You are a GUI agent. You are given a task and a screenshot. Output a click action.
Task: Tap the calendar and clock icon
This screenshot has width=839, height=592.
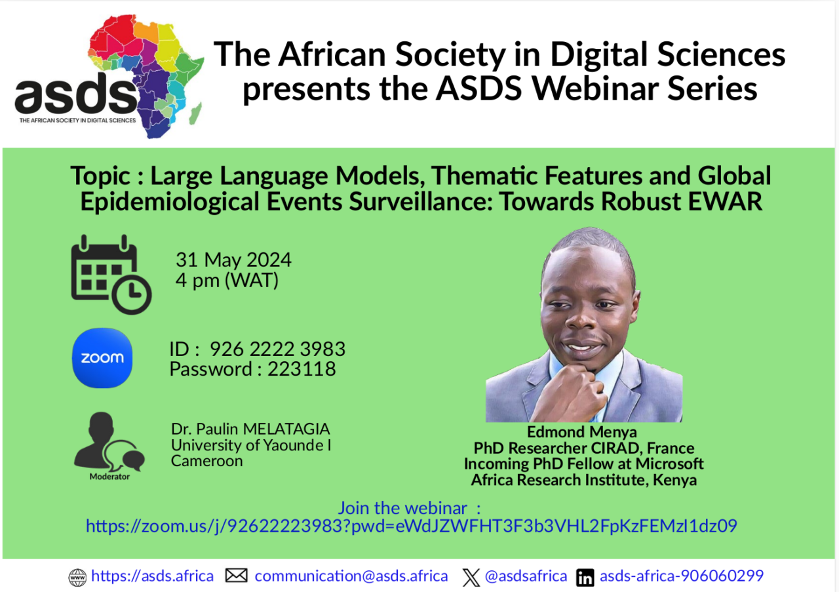(x=110, y=275)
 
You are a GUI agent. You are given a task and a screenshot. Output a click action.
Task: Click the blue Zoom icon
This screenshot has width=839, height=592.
(x=102, y=358)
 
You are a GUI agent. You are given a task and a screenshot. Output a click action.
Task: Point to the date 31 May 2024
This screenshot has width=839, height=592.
(x=233, y=260)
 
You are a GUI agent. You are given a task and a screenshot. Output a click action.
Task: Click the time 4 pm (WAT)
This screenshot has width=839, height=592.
(x=227, y=281)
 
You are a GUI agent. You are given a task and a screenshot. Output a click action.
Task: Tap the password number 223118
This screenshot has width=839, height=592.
(x=302, y=369)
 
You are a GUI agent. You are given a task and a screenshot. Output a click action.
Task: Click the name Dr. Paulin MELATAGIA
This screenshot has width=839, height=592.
(x=250, y=429)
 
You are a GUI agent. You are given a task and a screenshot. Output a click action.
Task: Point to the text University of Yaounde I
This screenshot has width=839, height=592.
(x=251, y=445)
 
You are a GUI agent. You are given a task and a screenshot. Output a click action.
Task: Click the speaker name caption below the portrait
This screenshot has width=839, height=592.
(x=583, y=432)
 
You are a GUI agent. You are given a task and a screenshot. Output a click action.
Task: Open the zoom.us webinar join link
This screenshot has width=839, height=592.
(x=411, y=525)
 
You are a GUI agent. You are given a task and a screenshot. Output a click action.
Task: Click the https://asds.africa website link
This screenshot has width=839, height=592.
(x=152, y=576)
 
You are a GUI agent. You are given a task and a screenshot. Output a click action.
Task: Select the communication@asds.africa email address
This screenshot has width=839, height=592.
(x=351, y=576)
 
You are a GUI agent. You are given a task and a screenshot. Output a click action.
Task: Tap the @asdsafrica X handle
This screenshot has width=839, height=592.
(x=526, y=576)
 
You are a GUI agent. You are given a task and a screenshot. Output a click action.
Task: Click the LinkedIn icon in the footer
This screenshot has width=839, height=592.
(x=585, y=578)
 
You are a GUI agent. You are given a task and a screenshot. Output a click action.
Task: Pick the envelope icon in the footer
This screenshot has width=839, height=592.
(x=236, y=576)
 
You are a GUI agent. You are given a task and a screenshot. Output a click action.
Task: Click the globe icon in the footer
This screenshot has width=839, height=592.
(x=77, y=578)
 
